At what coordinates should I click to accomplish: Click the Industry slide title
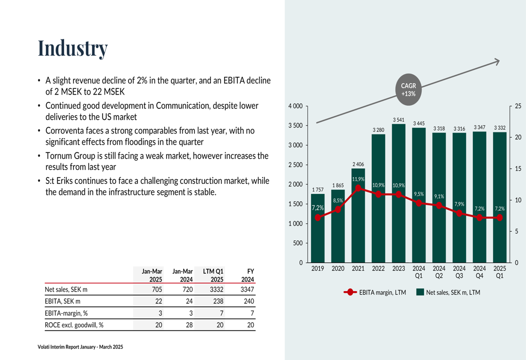coord(73,48)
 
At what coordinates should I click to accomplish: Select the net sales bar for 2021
coord(358,215)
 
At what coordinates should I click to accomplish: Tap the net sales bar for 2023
coord(399,193)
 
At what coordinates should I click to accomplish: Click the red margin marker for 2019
coord(318,218)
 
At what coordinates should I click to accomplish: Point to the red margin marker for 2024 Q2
coord(439,205)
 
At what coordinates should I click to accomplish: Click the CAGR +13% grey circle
coord(408,89)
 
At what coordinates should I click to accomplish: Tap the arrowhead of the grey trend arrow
coord(498,61)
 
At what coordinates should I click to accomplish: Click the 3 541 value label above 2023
coord(399,120)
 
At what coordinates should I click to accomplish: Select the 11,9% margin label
coord(358,179)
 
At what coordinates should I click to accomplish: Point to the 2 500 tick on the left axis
coord(296,165)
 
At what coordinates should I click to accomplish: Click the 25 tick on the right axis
coord(518,106)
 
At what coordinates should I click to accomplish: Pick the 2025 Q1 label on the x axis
coord(500,272)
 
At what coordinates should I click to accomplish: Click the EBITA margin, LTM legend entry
coord(375,292)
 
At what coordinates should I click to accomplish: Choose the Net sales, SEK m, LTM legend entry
coord(448,292)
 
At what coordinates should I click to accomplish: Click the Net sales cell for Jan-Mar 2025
coord(157,289)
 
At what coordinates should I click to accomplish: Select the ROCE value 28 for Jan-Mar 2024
coord(189,325)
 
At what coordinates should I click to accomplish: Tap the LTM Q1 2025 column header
coord(213,275)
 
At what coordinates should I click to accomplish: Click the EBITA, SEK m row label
coord(63,301)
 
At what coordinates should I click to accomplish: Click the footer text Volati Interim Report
coord(80,347)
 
